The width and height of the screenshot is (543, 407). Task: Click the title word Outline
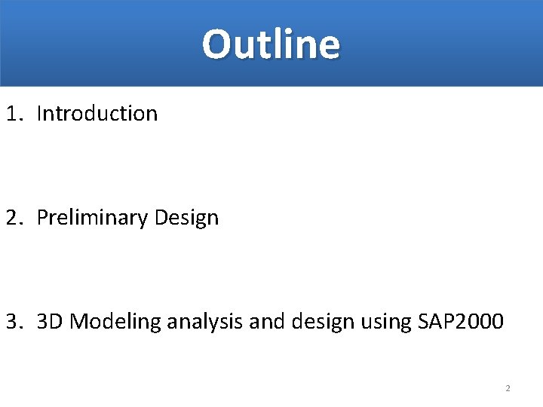271,44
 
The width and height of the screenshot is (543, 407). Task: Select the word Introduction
97,114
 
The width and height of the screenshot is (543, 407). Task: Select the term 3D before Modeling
51,322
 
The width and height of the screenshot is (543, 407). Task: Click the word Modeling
116,323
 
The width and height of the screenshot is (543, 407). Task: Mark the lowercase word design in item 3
316,323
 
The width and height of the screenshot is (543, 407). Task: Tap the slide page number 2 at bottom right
508,389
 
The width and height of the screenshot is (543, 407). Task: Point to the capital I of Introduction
39,114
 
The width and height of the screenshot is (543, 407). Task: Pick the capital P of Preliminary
42,218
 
